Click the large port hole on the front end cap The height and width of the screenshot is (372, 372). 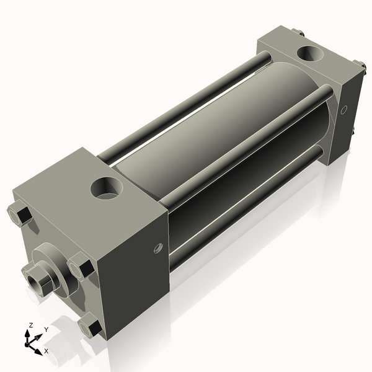tap(107, 188)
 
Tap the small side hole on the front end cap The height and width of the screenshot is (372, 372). tap(157, 249)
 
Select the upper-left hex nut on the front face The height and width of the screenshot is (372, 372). tap(20, 214)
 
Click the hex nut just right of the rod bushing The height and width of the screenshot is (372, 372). tap(81, 268)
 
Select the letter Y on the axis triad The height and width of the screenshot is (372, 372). tap(46, 330)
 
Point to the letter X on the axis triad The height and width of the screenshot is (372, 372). tap(46, 351)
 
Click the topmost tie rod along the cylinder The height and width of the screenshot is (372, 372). tap(186, 102)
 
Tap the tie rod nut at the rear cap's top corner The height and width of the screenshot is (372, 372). tap(299, 32)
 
